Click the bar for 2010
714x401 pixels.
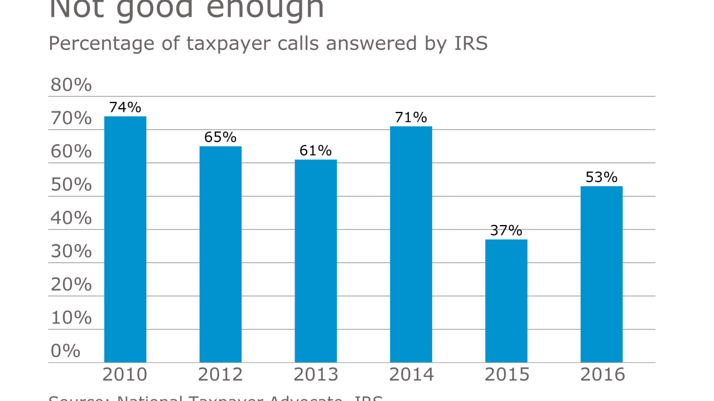click(125, 239)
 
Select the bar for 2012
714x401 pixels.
click(220, 255)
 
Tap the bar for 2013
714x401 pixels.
click(316, 261)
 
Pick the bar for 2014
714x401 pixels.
click(411, 244)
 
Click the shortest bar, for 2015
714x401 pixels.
click(506, 301)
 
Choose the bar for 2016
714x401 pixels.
click(601, 275)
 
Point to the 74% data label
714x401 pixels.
click(125, 107)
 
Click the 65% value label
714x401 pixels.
click(220, 137)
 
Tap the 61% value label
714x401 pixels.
click(316, 150)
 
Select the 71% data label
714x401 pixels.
click(411, 117)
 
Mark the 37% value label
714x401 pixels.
click(506, 230)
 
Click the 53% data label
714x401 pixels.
click(601, 177)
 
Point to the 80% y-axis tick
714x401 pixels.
click(71, 85)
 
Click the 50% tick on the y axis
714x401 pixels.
click(71, 185)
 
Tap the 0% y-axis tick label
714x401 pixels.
click(65, 351)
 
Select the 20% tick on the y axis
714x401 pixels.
click(71, 285)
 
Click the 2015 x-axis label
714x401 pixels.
click(506, 375)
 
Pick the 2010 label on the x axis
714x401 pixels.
click(125, 375)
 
